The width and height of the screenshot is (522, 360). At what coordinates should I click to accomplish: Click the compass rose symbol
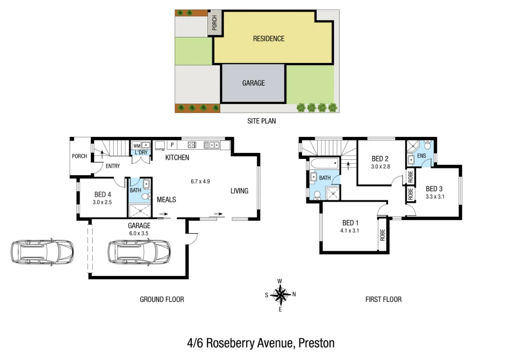pyautogui.click(x=281, y=295)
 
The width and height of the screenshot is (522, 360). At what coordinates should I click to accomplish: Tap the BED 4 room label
pyautogui.click(x=103, y=194)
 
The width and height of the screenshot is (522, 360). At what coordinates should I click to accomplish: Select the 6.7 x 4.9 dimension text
pyautogui.click(x=200, y=181)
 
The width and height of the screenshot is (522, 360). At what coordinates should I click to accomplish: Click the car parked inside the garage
pyautogui.click(x=139, y=252)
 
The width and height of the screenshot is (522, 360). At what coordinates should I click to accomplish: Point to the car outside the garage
pyautogui.click(x=42, y=252)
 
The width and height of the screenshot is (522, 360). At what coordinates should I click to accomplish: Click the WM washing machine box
pyautogui.click(x=136, y=146)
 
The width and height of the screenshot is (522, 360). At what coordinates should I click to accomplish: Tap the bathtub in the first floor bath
pyautogui.click(x=324, y=163)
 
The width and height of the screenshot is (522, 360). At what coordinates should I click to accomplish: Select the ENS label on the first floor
pyautogui.click(x=421, y=156)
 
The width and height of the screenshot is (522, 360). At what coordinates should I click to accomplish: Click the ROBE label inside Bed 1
pyautogui.click(x=382, y=235)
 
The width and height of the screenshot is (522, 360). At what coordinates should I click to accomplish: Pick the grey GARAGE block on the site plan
pyautogui.click(x=253, y=83)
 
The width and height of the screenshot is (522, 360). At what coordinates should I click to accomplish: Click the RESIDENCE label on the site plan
pyautogui.click(x=269, y=39)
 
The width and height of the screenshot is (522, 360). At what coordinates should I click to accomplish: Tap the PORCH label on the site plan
pyautogui.click(x=214, y=23)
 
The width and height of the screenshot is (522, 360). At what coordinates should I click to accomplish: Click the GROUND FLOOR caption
pyautogui.click(x=162, y=299)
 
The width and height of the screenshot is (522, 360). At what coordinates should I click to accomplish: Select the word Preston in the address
pyautogui.click(x=316, y=343)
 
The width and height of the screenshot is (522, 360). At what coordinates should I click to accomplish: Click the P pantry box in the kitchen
pyautogui.click(x=172, y=145)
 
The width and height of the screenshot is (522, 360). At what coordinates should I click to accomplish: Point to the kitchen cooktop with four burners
pyautogui.click(x=192, y=145)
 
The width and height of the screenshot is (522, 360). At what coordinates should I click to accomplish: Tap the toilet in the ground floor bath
pyautogui.click(x=146, y=196)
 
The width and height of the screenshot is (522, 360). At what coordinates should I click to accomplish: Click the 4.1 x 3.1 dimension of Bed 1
pyautogui.click(x=350, y=230)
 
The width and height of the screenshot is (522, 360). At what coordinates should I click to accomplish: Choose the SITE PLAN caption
pyautogui.click(x=261, y=121)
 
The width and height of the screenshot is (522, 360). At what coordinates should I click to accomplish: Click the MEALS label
pyautogui.click(x=166, y=199)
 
